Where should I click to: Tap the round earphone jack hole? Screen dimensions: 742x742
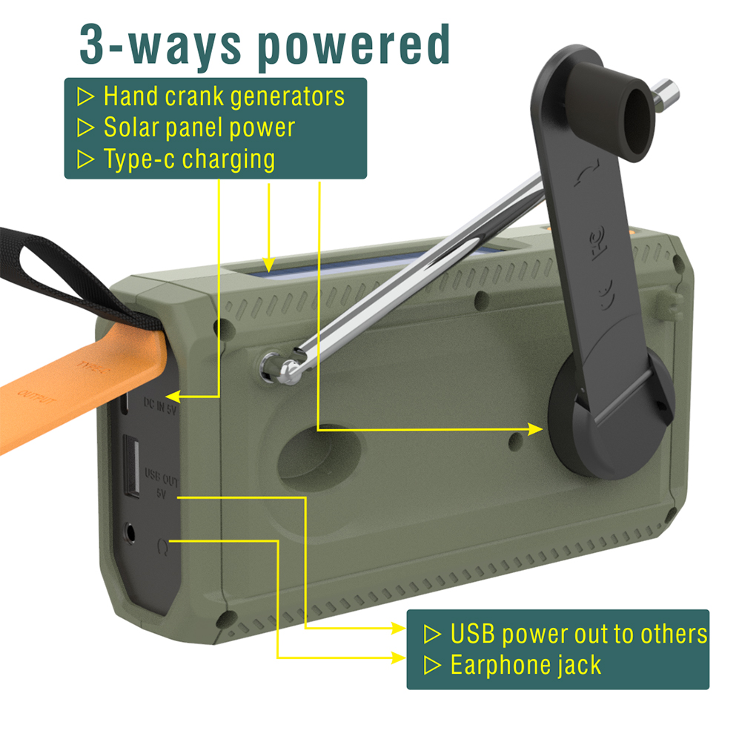pos(133,532)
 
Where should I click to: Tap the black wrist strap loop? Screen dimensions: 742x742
pos(52,267)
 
